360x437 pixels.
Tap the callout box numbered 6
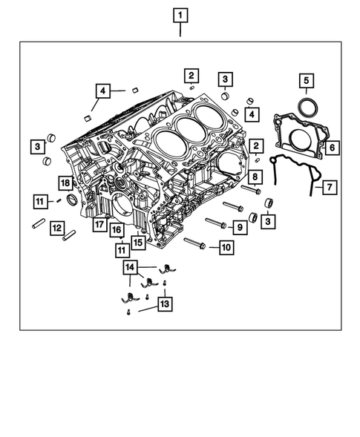click(x=331, y=148)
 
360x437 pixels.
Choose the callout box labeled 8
click(x=254, y=177)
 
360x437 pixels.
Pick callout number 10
click(x=225, y=247)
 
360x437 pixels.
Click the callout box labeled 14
click(x=131, y=266)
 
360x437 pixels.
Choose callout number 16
click(x=117, y=230)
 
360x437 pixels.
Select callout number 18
click(x=65, y=183)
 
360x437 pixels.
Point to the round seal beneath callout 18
click(x=72, y=200)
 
